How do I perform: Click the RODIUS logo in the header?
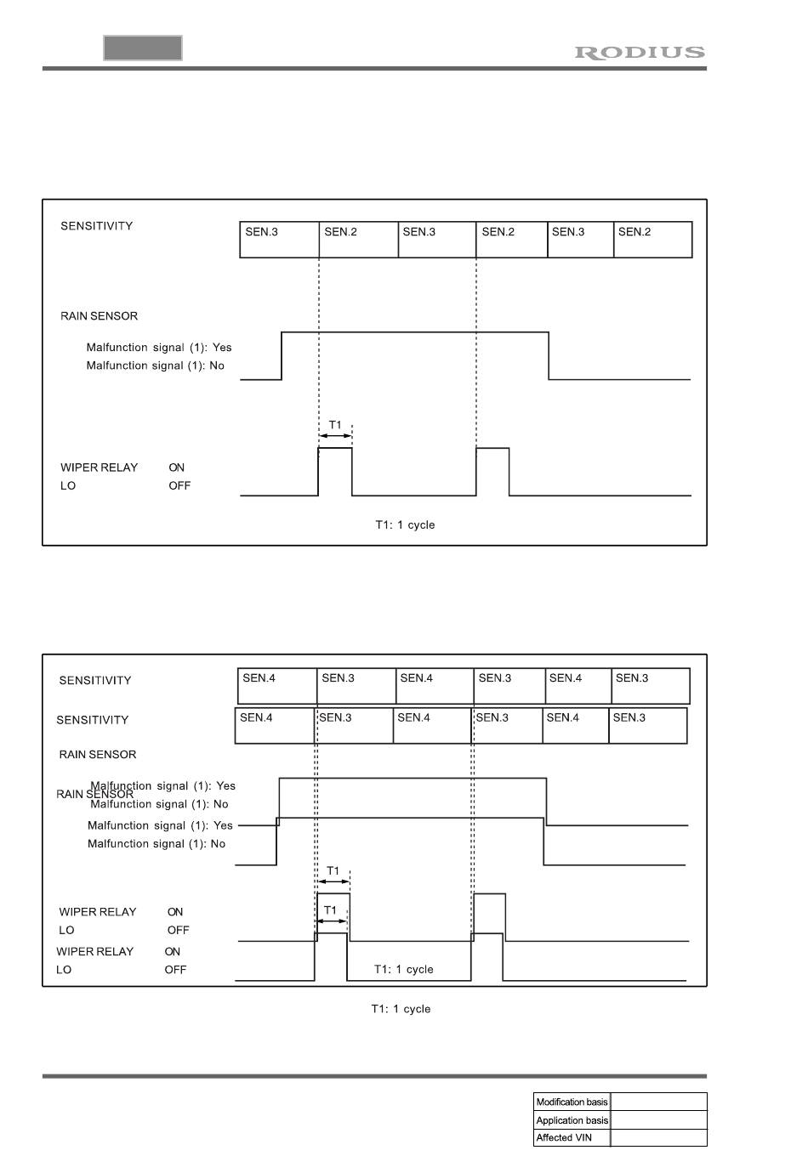640,53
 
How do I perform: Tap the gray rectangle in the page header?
143,48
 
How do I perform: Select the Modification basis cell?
572,1102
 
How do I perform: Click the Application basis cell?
572,1120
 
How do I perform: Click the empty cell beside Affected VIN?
659,1138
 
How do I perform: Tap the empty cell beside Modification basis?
659,1102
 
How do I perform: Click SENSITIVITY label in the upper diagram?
97,226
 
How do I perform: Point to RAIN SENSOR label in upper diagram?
99,316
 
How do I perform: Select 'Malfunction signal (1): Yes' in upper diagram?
159,348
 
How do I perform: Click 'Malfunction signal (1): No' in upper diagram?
156,365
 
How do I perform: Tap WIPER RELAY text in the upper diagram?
99,467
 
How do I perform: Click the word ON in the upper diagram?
176,467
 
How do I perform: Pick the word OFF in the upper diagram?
179,486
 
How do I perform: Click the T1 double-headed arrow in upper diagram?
335,436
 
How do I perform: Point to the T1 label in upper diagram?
335,424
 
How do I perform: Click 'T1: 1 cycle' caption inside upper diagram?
405,525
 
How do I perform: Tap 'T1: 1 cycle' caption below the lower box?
401,1009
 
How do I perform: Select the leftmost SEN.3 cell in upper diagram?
279,240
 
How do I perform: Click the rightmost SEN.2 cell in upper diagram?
652,240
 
